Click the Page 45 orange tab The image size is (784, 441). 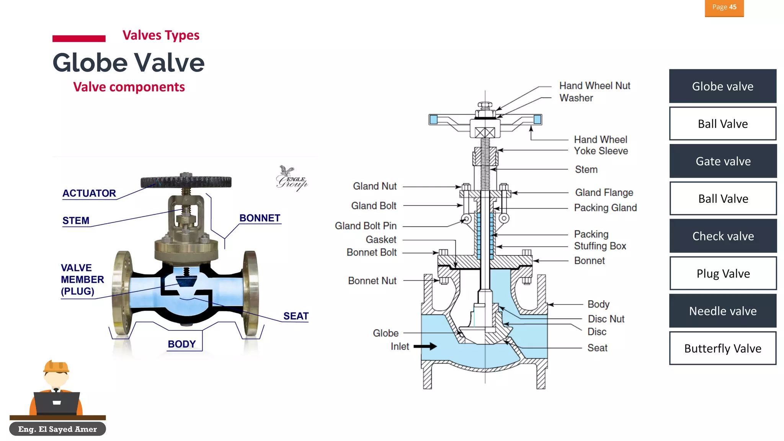724,8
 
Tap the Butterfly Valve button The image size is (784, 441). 722,348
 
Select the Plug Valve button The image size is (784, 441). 723,273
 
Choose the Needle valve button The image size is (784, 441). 722,311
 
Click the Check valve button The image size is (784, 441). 723,236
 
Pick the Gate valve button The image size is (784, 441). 723,161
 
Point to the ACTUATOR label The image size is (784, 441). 89,193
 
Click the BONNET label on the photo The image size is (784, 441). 260,218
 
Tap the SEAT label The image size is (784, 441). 296,316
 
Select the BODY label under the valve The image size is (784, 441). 181,344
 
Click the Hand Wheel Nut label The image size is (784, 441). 594,86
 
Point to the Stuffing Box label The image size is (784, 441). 599,246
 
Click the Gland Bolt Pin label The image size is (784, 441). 365,226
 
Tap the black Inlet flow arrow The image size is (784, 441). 425,346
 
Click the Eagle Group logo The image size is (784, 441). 291,178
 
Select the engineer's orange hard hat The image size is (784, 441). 56,367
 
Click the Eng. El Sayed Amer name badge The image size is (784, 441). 57,429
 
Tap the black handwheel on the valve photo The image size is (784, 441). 186,181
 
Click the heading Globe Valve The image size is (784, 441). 128,63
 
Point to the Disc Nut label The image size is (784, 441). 606,319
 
